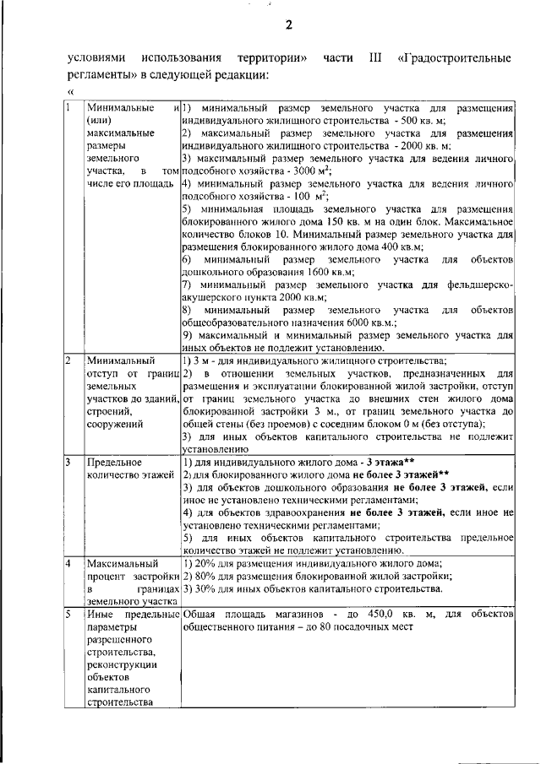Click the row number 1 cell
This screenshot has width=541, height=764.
click(69, 108)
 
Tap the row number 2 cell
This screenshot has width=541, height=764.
click(69, 361)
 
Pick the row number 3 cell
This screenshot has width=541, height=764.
click(69, 463)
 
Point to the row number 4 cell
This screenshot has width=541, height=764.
click(69, 563)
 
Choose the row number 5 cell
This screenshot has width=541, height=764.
click(69, 613)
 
